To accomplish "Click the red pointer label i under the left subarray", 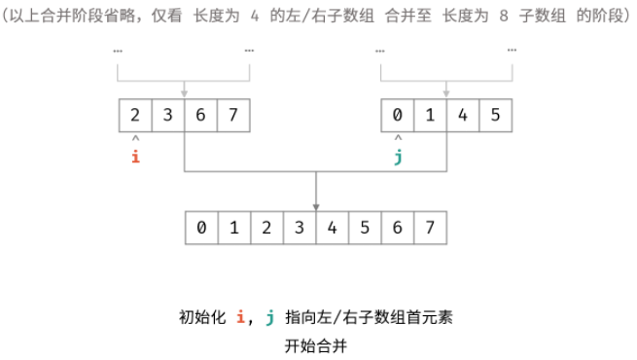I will [x=134, y=156].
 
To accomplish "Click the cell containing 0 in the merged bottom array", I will [x=200, y=230].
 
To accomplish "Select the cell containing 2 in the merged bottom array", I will [x=266, y=230].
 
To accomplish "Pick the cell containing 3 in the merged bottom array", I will [x=300, y=230].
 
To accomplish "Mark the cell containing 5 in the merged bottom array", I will [x=366, y=230].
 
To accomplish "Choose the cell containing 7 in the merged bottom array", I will [x=431, y=230].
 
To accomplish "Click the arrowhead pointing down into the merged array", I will [x=316, y=207].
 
